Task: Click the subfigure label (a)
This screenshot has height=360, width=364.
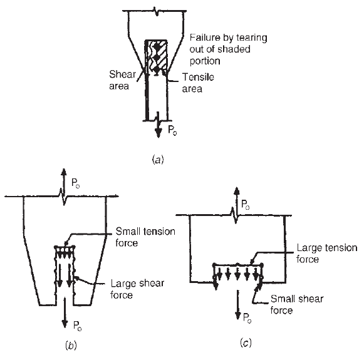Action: click(158, 160)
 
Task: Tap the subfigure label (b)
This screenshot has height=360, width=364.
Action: click(71, 346)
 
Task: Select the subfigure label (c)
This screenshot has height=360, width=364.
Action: click(246, 342)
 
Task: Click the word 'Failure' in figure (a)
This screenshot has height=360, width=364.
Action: click(205, 38)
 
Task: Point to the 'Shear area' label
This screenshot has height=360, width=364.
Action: click(122, 80)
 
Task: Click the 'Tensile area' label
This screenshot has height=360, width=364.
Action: click(198, 83)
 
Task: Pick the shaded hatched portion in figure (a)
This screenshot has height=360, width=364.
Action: click(156, 56)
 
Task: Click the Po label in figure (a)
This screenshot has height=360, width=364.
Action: click(172, 130)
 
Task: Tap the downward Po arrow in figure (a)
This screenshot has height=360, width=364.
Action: click(159, 125)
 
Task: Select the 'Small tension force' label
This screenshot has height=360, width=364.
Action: click(145, 237)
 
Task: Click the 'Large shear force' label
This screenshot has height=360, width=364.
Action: click(137, 289)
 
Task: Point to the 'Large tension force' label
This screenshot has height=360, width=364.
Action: click(326, 254)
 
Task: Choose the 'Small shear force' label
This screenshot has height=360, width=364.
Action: click(297, 304)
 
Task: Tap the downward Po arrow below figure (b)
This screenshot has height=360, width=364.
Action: click(65, 312)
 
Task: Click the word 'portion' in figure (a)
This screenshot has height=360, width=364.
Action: click(205, 61)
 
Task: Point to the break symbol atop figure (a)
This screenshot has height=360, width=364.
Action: click(156, 11)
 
